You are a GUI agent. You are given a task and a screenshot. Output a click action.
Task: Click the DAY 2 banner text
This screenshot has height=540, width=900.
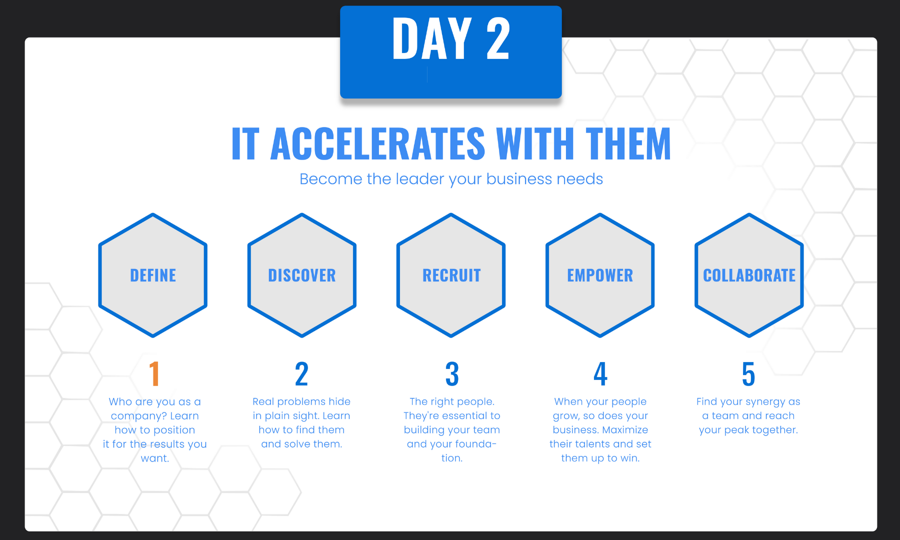coord(451,38)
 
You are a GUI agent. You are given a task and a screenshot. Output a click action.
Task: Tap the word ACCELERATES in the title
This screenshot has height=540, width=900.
coord(377,144)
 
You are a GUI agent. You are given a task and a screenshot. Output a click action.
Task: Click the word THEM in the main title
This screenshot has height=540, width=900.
coord(628,144)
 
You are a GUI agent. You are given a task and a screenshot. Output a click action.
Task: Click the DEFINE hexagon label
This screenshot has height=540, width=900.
coord(153,275)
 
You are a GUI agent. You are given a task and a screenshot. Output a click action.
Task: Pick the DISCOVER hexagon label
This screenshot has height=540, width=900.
coord(302,275)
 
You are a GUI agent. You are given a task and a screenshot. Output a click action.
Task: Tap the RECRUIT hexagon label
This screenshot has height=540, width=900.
coord(451,275)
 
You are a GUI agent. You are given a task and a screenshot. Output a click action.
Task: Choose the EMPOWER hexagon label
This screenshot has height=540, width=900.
coord(600,275)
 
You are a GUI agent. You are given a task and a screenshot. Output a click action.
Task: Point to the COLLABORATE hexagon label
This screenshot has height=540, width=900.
coord(749,275)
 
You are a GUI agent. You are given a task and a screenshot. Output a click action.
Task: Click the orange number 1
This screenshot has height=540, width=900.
coord(154,373)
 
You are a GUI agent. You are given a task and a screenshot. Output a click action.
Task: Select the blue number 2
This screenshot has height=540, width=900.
coord(301,373)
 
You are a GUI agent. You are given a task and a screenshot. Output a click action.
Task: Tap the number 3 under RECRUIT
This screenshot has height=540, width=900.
coord(452,373)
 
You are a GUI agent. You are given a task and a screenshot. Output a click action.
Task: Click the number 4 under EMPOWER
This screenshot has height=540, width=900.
coord(600,373)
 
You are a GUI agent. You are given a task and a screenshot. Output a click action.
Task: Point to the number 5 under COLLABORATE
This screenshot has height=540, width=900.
coord(748,373)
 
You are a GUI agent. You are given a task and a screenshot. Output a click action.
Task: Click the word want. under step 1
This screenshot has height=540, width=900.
coord(155,458)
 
